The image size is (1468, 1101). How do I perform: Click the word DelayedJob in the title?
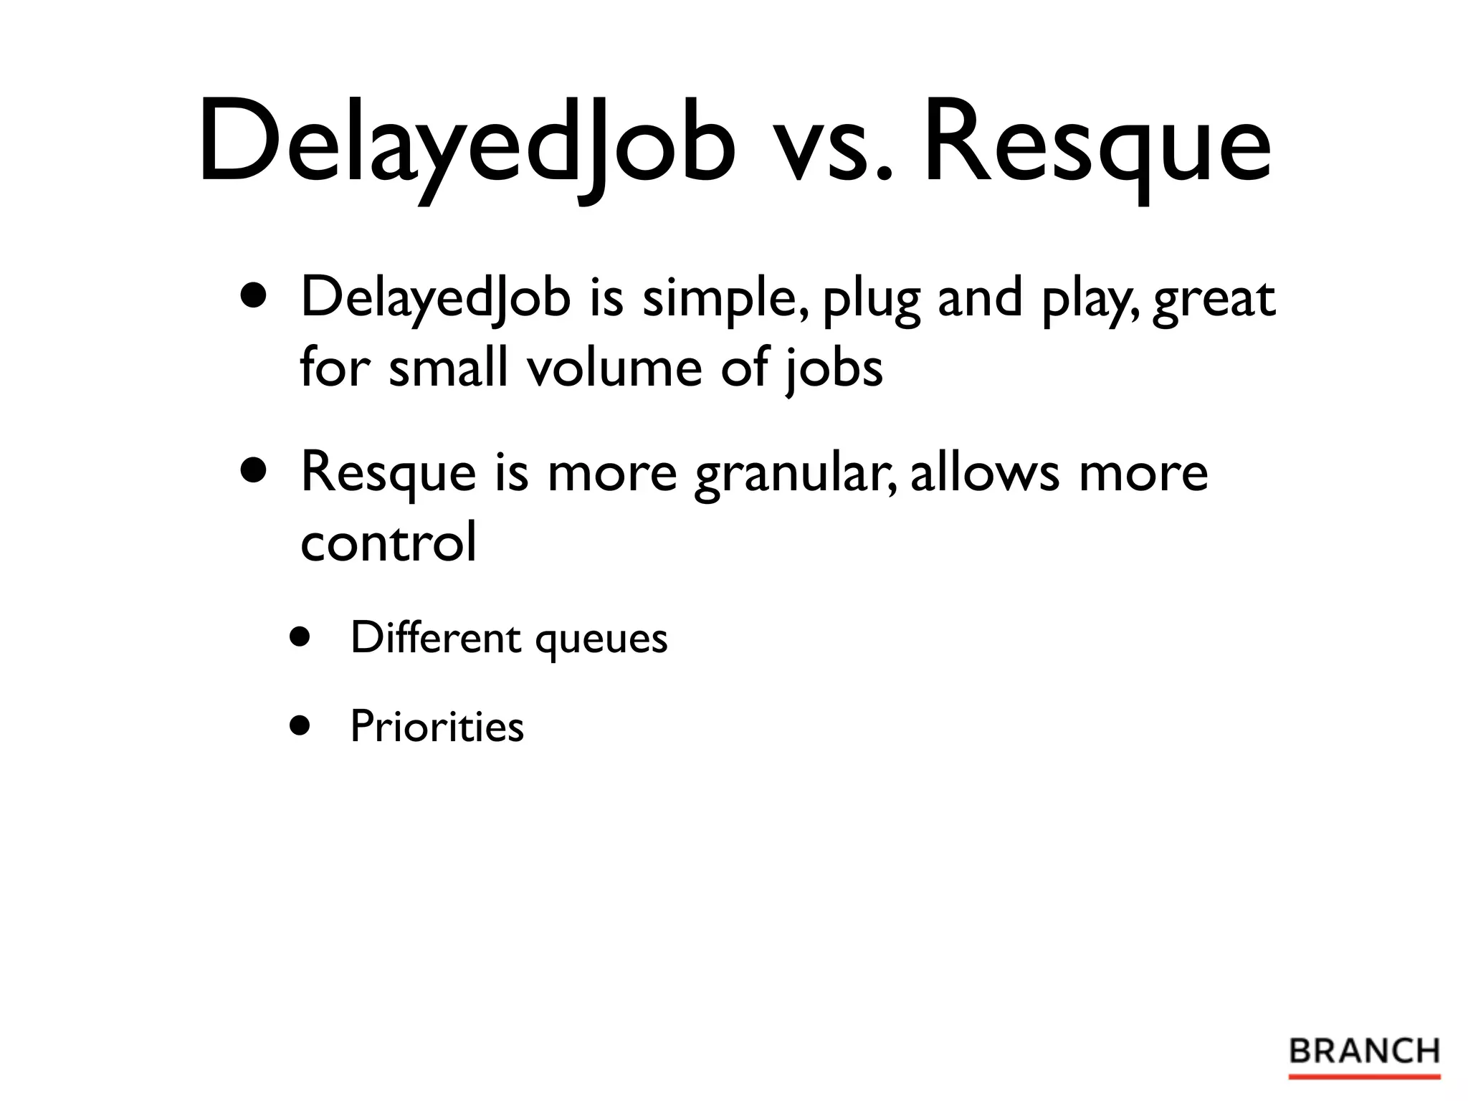[466, 143]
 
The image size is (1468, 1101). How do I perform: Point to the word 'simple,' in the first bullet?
[727, 300]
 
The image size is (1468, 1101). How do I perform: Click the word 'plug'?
[870, 301]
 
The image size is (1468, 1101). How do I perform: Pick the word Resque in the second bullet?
[388, 475]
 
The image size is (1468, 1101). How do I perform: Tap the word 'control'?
[388, 543]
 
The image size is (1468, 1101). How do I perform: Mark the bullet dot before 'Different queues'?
[300, 637]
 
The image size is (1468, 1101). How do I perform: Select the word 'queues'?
[601, 640]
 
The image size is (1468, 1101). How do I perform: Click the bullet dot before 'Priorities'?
[300, 725]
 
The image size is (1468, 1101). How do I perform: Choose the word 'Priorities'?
[437, 726]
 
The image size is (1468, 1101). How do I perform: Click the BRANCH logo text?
[1364, 1052]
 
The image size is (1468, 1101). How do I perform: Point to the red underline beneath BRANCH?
[1364, 1077]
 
